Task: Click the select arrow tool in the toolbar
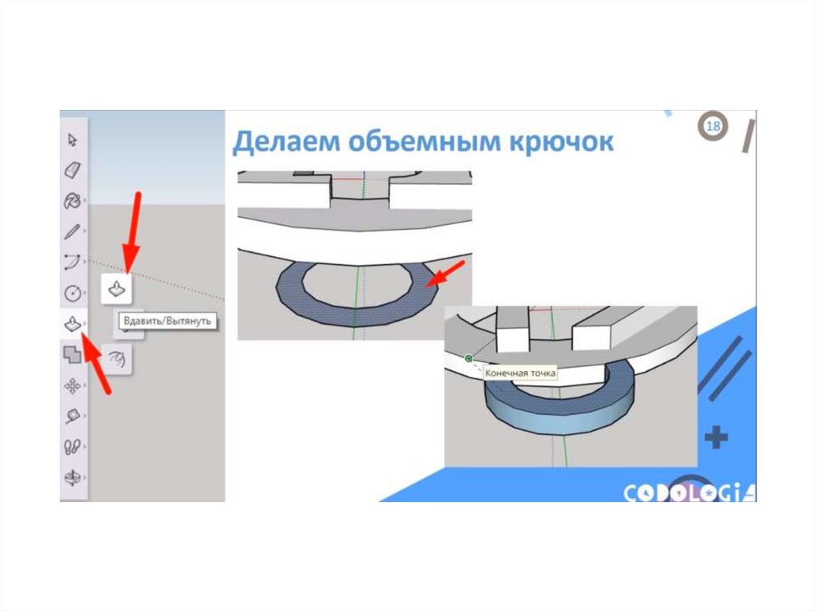tap(73, 140)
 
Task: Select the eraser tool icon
tap(73, 170)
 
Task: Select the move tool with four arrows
tap(73, 386)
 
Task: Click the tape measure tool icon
tap(73, 417)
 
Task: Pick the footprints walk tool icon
tap(73, 447)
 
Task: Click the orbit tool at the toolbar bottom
tap(73, 478)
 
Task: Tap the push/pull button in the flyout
tap(116, 288)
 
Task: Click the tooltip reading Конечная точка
tap(519, 372)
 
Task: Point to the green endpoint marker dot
tap(468, 358)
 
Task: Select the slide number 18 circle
tap(713, 127)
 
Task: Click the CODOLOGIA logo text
tap(689, 493)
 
